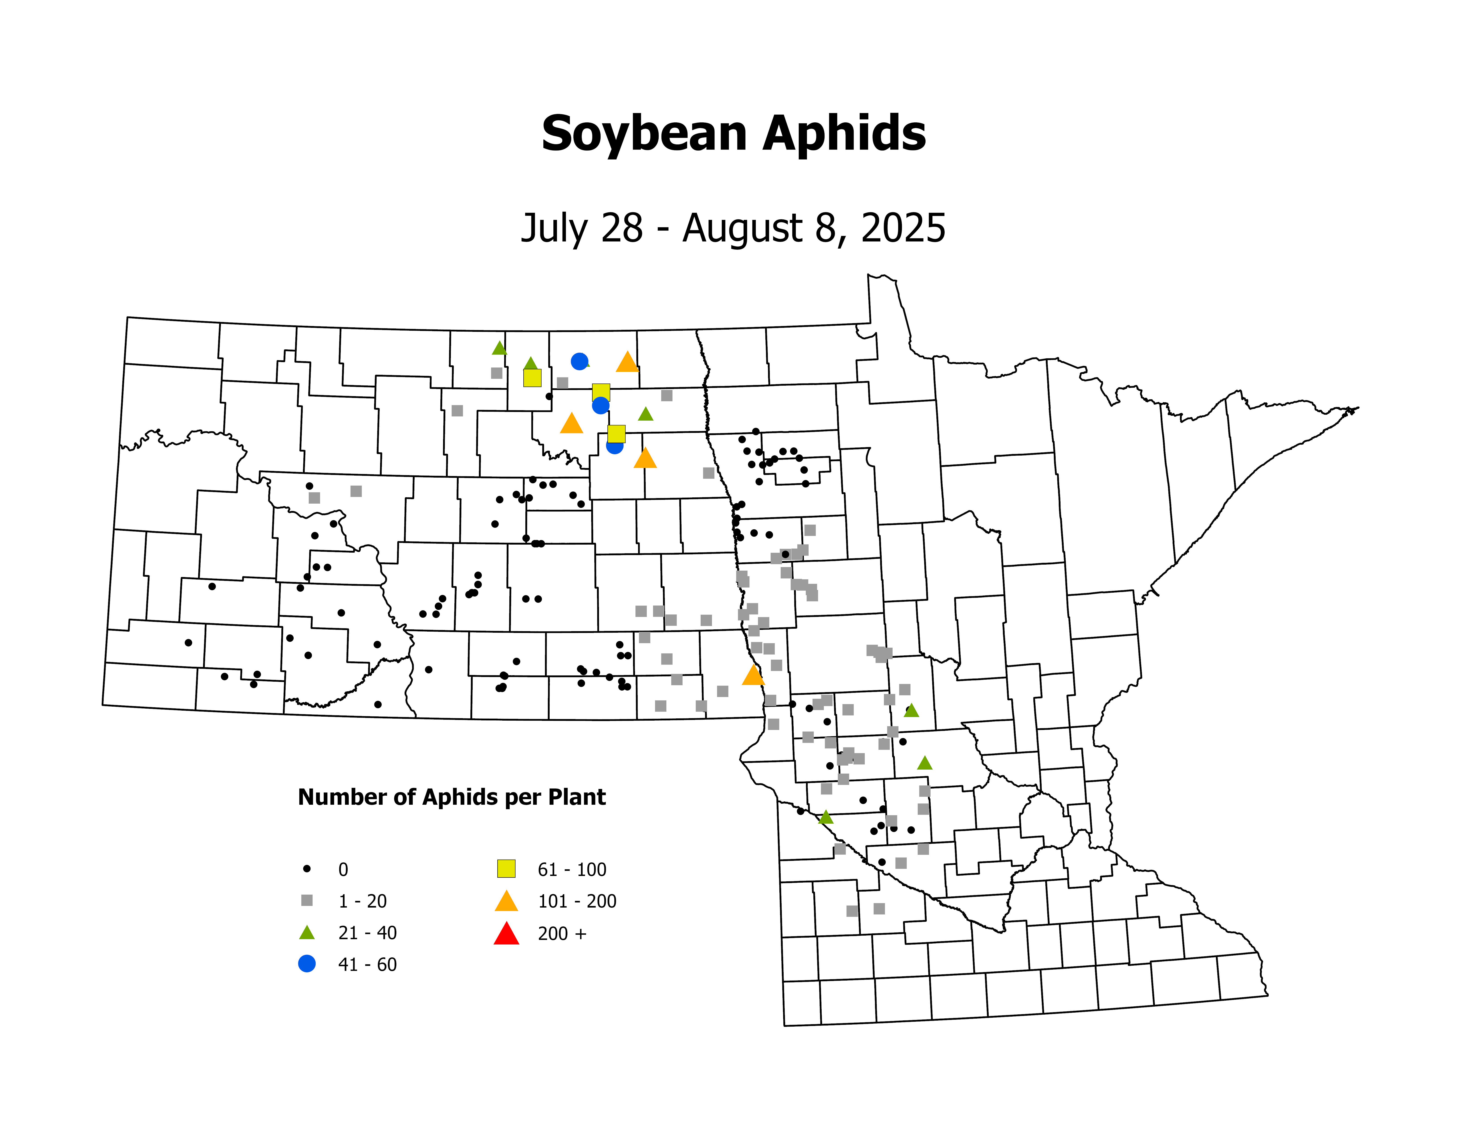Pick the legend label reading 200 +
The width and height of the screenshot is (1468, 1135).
click(x=562, y=933)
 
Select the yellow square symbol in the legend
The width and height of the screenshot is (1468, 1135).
click(x=506, y=869)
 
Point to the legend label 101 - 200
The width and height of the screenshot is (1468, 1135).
click(x=577, y=901)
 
